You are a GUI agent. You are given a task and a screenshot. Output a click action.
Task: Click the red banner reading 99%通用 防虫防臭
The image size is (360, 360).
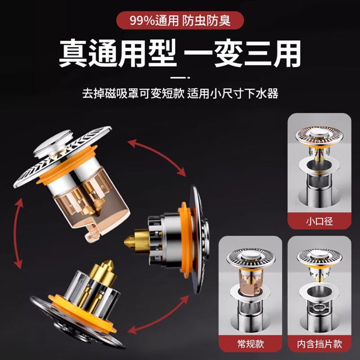click(180, 20)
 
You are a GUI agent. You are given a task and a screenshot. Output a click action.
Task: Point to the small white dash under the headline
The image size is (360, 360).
click(180, 77)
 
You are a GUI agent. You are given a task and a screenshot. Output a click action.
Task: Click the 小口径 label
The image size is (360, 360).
click(319, 221)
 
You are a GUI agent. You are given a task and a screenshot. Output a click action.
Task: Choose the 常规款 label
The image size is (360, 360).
click(250, 344)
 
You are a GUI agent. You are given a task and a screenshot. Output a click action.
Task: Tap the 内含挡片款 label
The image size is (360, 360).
click(319, 344)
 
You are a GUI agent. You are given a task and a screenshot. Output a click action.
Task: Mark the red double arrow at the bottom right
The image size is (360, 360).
click(155, 317)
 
